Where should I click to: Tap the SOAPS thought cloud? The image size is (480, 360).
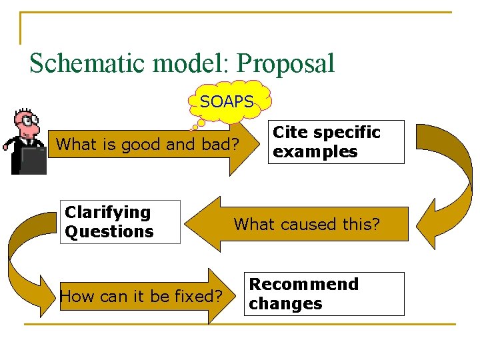[228, 101]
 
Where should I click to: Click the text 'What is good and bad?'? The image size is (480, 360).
[147, 144]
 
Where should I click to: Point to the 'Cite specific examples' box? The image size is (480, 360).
[337, 142]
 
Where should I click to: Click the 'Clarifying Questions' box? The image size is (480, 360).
[120, 222]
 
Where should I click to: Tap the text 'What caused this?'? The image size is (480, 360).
[306, 224]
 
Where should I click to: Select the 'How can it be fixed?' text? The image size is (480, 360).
[141, 296]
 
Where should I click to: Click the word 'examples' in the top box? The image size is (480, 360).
[315, 152]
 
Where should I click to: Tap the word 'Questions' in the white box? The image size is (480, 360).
[109, 232]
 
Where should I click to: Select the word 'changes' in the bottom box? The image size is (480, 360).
[285, 304]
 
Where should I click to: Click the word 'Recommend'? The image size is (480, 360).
[303, 284]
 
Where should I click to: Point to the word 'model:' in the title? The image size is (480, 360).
[191, 63]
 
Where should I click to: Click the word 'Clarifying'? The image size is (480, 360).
[108, 213]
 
